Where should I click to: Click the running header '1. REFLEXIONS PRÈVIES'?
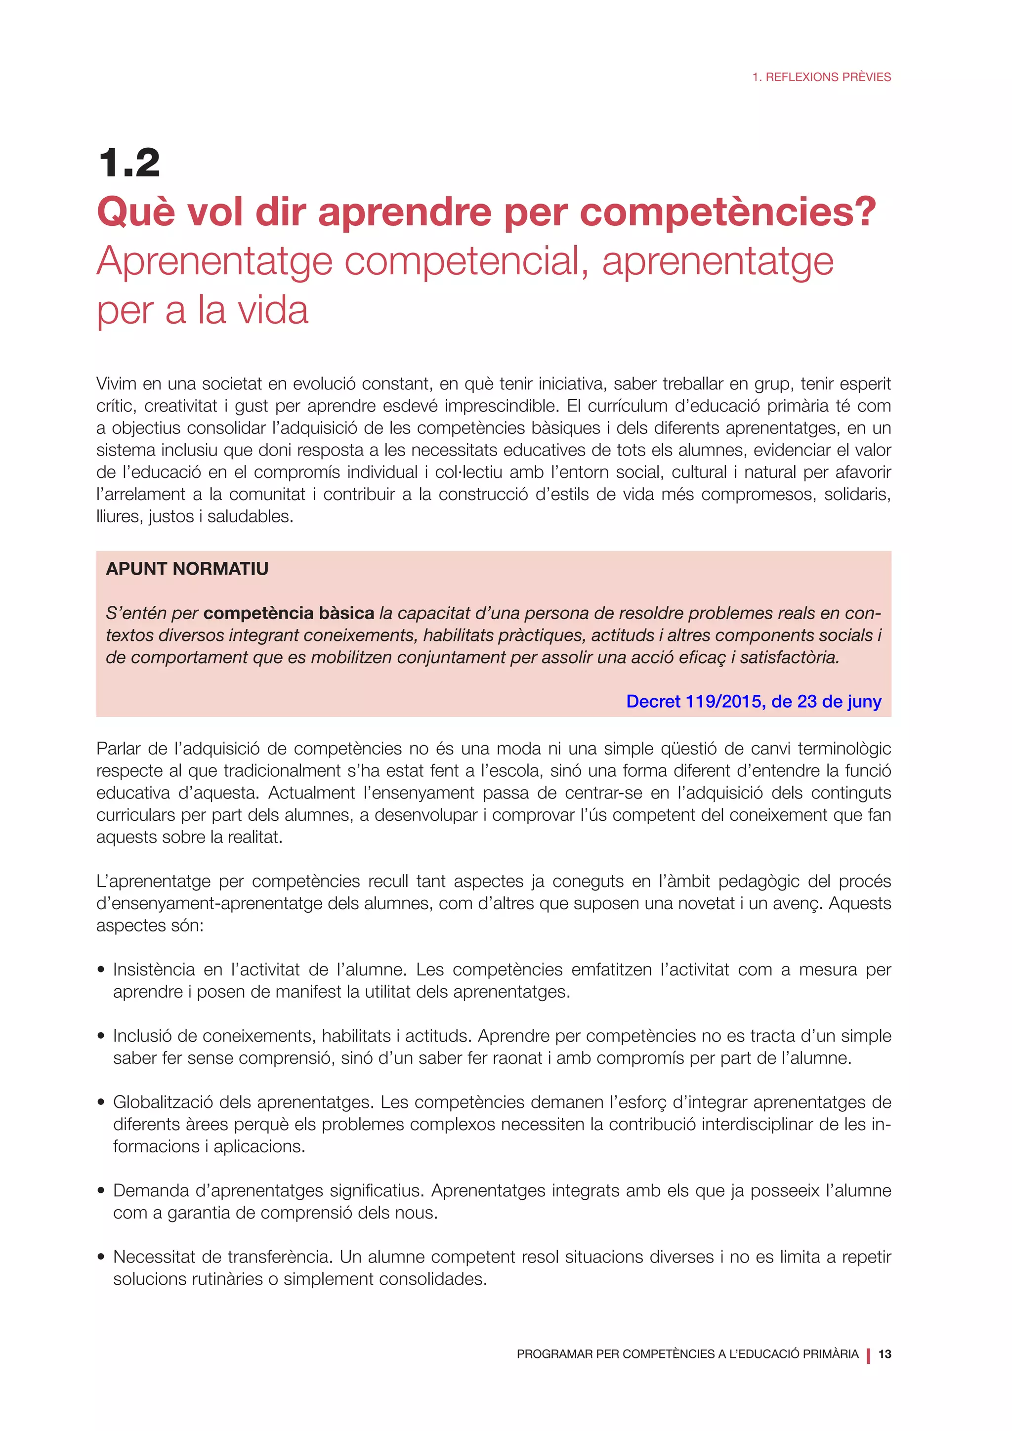(821, 77)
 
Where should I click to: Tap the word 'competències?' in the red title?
(728, 212)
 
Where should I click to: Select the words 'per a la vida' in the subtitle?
(203, 310)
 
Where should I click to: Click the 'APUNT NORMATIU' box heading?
(187, 568)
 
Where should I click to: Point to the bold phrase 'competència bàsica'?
(289, 613)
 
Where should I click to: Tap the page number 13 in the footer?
(884, 1354)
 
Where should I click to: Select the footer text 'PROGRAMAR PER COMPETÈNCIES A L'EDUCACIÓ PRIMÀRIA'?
(687, 1354)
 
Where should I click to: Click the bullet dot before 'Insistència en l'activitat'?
(101, 970)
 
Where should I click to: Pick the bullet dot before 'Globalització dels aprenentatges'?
(101, 1102)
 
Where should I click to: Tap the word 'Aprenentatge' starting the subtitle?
(214, 262)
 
